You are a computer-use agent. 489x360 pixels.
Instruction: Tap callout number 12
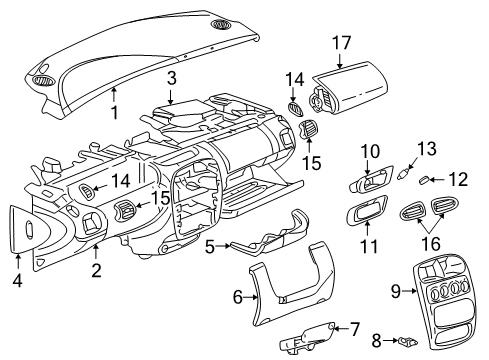[x=458, y=180]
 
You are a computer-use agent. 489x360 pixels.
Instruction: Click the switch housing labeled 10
[x=375, y=182]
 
